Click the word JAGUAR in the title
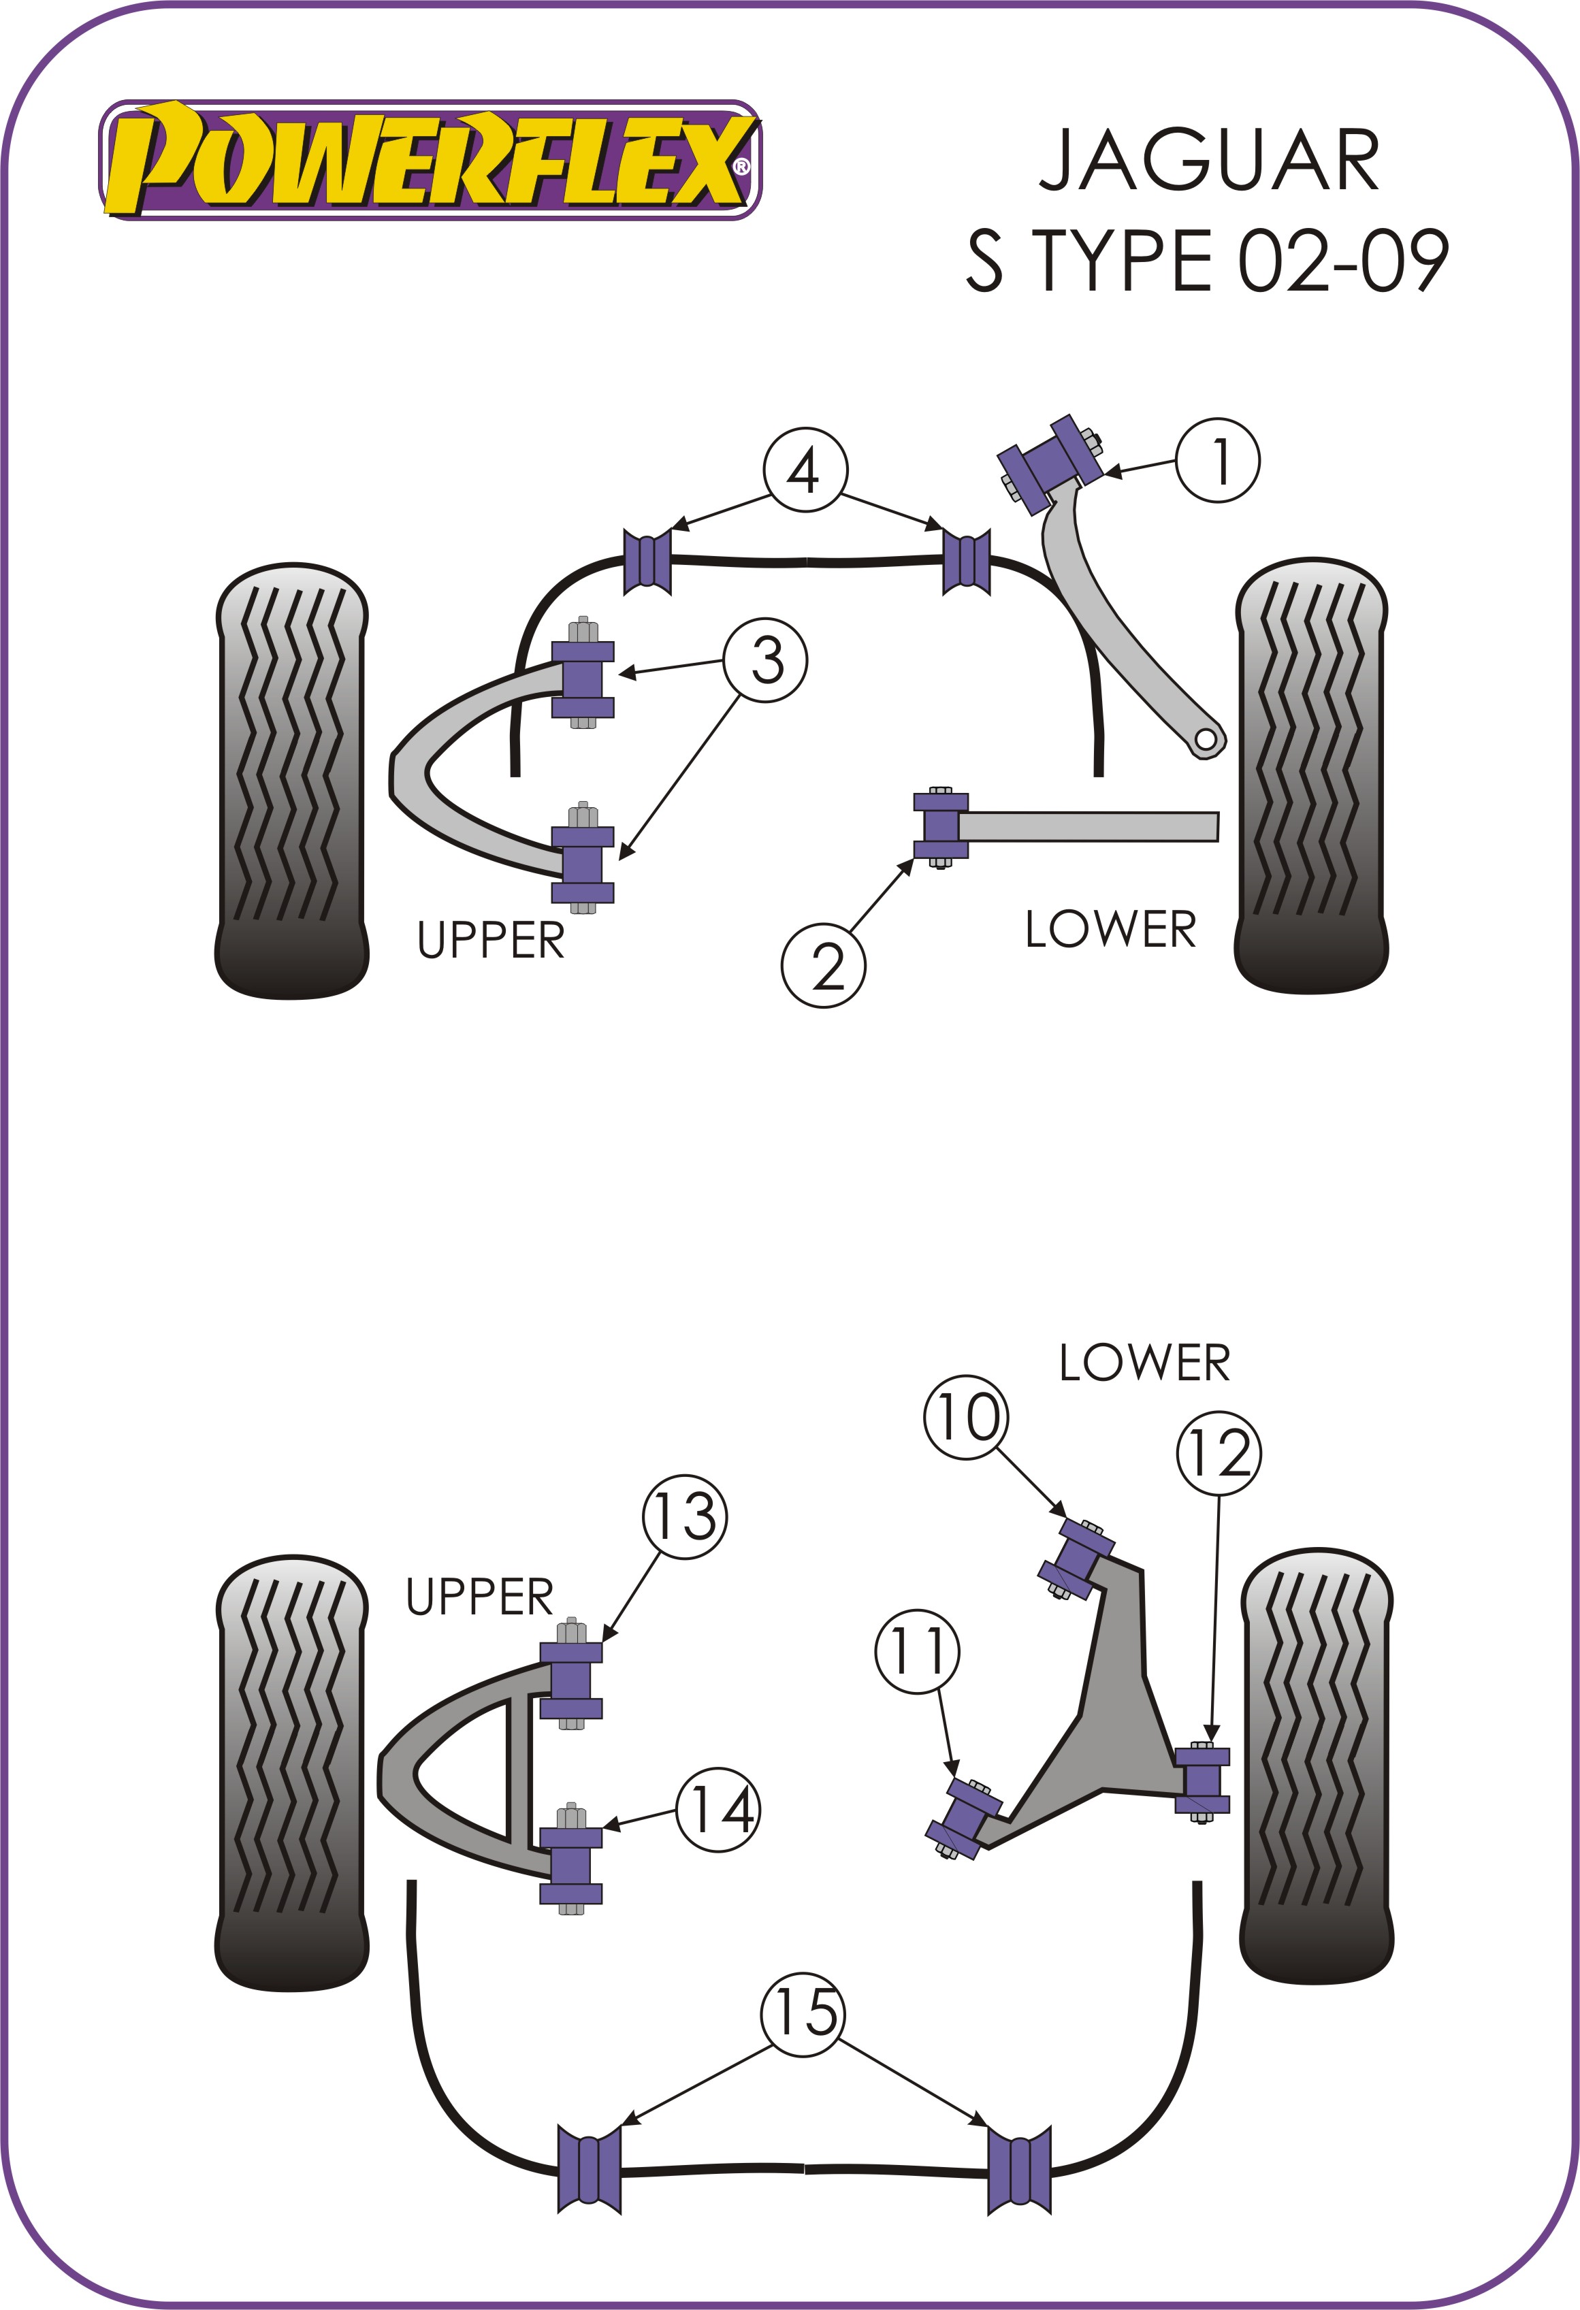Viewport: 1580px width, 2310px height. [1208, 161]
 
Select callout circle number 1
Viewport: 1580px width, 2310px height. [1217, 460]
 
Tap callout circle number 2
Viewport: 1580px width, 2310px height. [823, 965]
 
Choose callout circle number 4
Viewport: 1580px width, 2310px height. [805, 470]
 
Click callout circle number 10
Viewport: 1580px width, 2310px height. [965, 1418]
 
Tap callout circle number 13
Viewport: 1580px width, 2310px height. [685, 1517]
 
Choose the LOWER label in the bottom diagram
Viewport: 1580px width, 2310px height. [1144, 1363]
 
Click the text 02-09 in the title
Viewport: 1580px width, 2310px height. [1342, 261]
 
